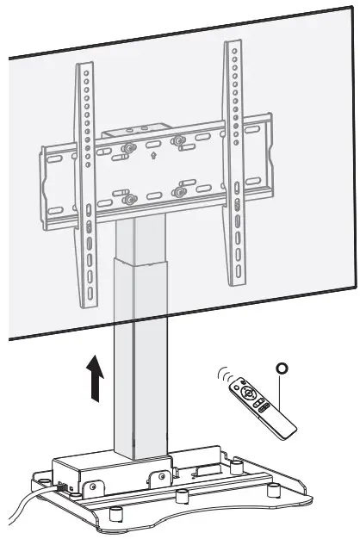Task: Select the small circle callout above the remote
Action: tap(280, 368)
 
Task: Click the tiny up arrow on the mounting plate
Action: tap(152, 158)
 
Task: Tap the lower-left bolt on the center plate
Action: tap(129, 200)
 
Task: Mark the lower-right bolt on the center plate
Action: tap(178, 192)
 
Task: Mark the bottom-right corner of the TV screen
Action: tap(356, 288)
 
